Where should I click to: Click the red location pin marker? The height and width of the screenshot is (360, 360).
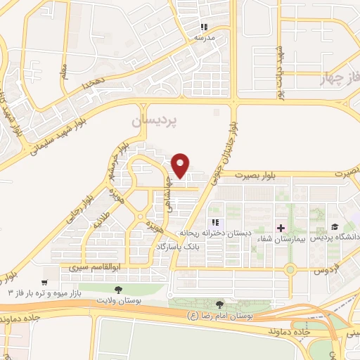click(x=181, y=165)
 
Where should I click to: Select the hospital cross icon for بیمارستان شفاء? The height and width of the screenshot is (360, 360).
click(x=281, y=228)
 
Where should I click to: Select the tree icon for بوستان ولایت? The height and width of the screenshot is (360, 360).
click(x=117, y=289)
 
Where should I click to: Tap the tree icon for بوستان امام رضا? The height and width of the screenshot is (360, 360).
click(x=220, y=304)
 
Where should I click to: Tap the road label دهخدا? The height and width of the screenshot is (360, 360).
click(x=93, y=82)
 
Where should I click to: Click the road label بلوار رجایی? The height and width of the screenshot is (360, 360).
click(x=72, y=211)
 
